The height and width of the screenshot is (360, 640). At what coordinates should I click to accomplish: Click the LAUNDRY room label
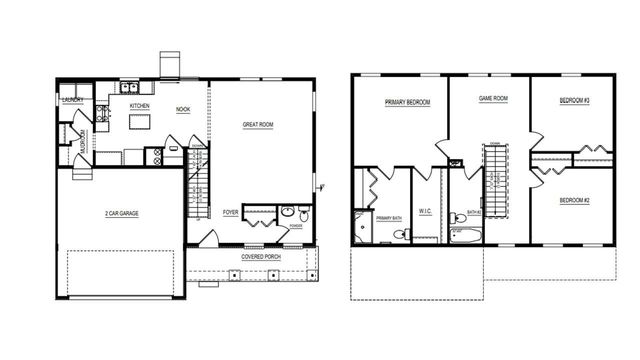(x=72, y=100)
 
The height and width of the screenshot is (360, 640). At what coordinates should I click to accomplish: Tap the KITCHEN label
(x=139, y=105)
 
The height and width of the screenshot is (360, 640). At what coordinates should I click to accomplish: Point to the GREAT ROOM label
(x=258, y=125)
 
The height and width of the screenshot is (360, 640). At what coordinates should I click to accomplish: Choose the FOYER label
(x=230, y=213)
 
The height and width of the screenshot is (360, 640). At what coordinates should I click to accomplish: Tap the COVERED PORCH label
(x=260, y=257)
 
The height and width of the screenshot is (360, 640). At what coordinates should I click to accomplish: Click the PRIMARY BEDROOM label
(x=405, y=102)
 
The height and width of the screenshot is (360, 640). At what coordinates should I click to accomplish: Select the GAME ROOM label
(x=493, y=99)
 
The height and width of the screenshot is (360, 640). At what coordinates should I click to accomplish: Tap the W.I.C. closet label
(x=425, y=211)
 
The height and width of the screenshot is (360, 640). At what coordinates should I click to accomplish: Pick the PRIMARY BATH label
(x=388, y=217)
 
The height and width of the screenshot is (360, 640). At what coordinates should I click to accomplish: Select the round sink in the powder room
(x=287, y=212)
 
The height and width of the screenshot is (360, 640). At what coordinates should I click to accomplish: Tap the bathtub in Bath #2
(x=465, y=236)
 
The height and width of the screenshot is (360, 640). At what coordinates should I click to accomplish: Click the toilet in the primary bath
(x=399, y=235)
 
